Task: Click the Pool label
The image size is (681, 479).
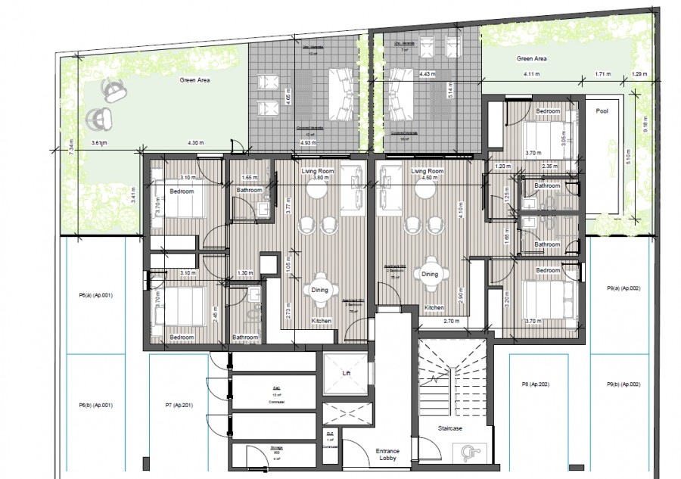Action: [602, 110]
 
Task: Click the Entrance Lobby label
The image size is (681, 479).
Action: [387, 456]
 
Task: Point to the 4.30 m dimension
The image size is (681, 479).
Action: [196, 143]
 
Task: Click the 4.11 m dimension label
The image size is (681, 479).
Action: [533, 74]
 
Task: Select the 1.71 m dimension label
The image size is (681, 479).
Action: [603, 74]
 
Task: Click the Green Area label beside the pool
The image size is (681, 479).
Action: [531, 58]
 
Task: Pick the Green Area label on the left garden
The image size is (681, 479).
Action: [194, 79]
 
